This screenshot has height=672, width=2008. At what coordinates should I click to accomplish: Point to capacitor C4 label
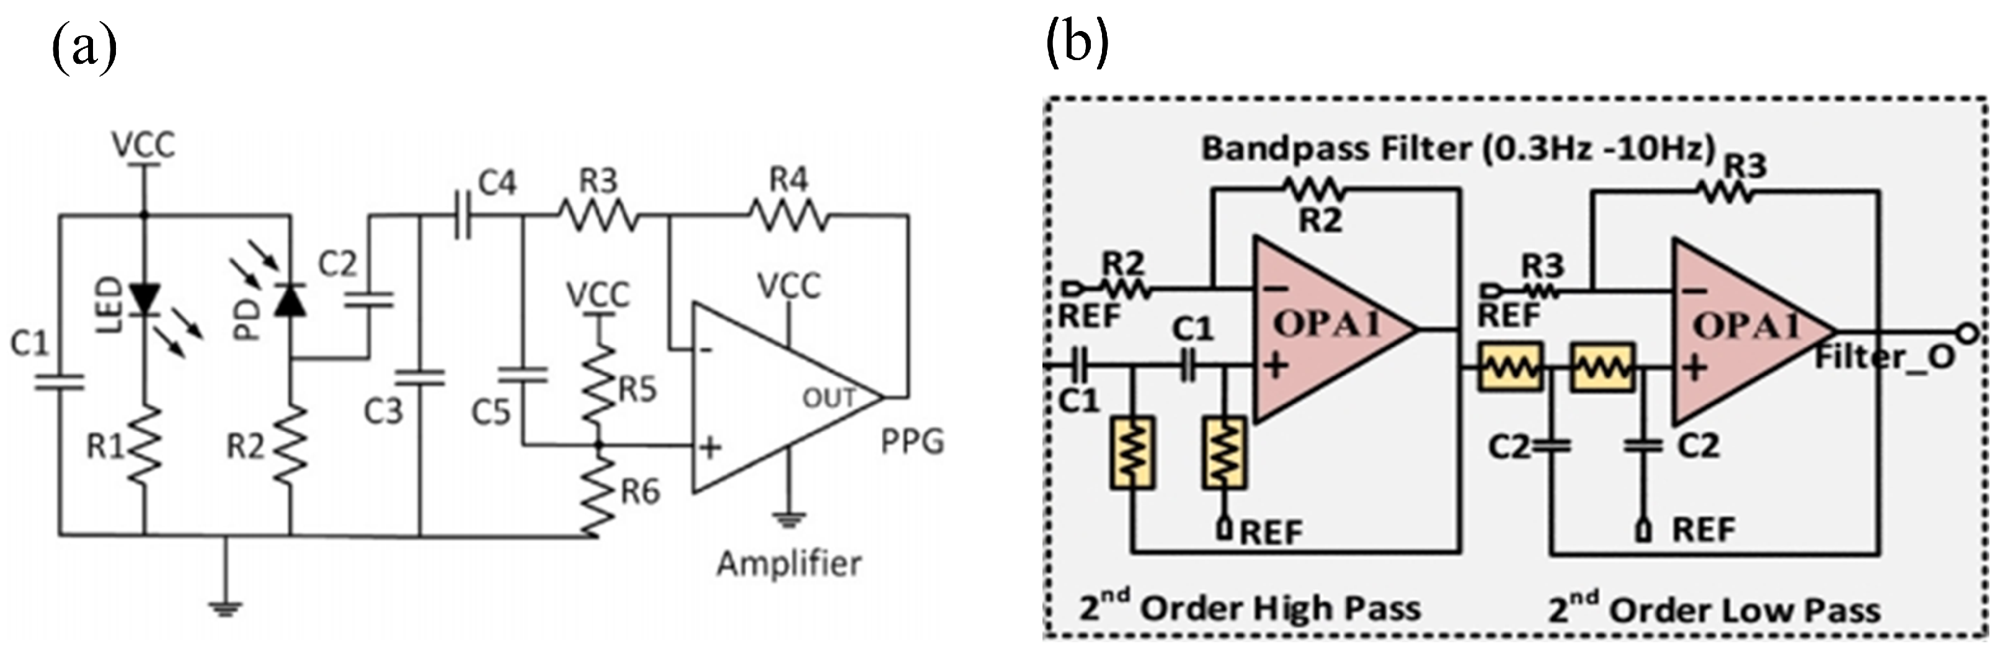coord(497,183)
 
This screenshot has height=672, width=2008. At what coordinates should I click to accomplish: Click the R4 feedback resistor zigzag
coord(788,214)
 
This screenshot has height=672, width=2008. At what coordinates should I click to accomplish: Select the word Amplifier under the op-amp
coord(788,564)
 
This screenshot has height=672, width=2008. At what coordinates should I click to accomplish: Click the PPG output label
coord(912,442)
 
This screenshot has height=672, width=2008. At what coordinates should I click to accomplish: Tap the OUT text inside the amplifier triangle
coord(829,399)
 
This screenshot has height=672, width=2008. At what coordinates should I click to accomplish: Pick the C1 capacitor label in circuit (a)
coord(30,343)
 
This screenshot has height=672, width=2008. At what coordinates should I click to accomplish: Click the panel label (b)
coord(1077,43)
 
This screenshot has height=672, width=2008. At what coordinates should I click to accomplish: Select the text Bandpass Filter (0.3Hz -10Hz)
coord(1458,148)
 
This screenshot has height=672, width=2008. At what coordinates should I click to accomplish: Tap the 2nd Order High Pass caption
coord(1250,608)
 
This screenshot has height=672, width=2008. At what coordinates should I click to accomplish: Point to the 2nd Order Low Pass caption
coord(1714,609)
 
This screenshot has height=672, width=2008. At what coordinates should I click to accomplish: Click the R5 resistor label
coord(637,390)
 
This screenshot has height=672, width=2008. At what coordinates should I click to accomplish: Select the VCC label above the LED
coord(143,145)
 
